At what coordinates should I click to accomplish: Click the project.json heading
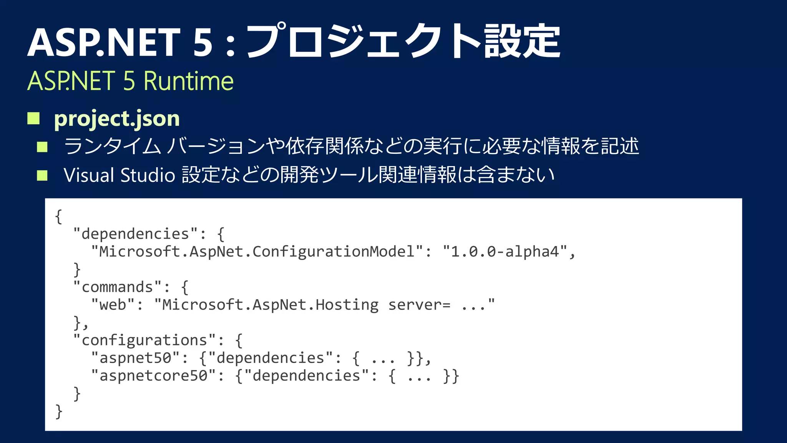[117, 119]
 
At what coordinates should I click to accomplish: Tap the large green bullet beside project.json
[33, 118]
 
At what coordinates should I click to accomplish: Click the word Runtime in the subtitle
[188, 81]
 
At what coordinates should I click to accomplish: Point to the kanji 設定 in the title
[522, 41]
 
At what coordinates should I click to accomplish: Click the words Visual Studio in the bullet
[120, 175]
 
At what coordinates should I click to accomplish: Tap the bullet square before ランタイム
[42, 147]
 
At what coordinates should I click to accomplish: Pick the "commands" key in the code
[117, 287]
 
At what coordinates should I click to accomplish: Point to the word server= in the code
[419, 305]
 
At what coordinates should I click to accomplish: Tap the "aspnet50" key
[135, 358]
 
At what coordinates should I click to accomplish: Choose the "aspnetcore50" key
[153, 375]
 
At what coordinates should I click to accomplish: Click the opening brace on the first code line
[58, 217]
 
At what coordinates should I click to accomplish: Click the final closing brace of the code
[58, 411]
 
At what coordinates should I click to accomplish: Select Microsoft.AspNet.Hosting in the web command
[270, 305]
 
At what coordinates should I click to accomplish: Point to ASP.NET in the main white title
[104, 42]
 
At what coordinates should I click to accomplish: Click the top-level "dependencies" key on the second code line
[135, 234]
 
